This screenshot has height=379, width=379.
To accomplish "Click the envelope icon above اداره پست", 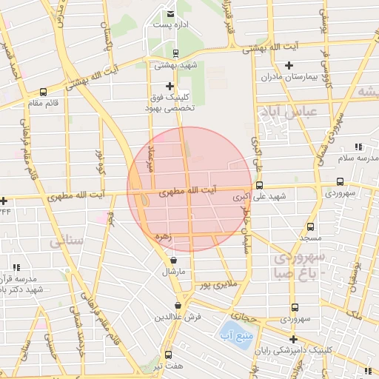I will click(171, 13).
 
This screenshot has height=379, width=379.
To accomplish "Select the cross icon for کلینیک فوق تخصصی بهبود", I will click(170, 86).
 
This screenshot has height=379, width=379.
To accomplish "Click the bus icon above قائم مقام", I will click(43, 93).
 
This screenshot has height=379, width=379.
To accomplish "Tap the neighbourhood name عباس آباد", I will click(289, 112).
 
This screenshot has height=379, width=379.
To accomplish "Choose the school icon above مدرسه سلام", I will click(359, 147).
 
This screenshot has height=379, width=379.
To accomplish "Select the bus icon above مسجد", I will click(309, 227).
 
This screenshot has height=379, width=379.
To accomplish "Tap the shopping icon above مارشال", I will click(173, 261).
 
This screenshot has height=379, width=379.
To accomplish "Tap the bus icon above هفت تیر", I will click(168, 355).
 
